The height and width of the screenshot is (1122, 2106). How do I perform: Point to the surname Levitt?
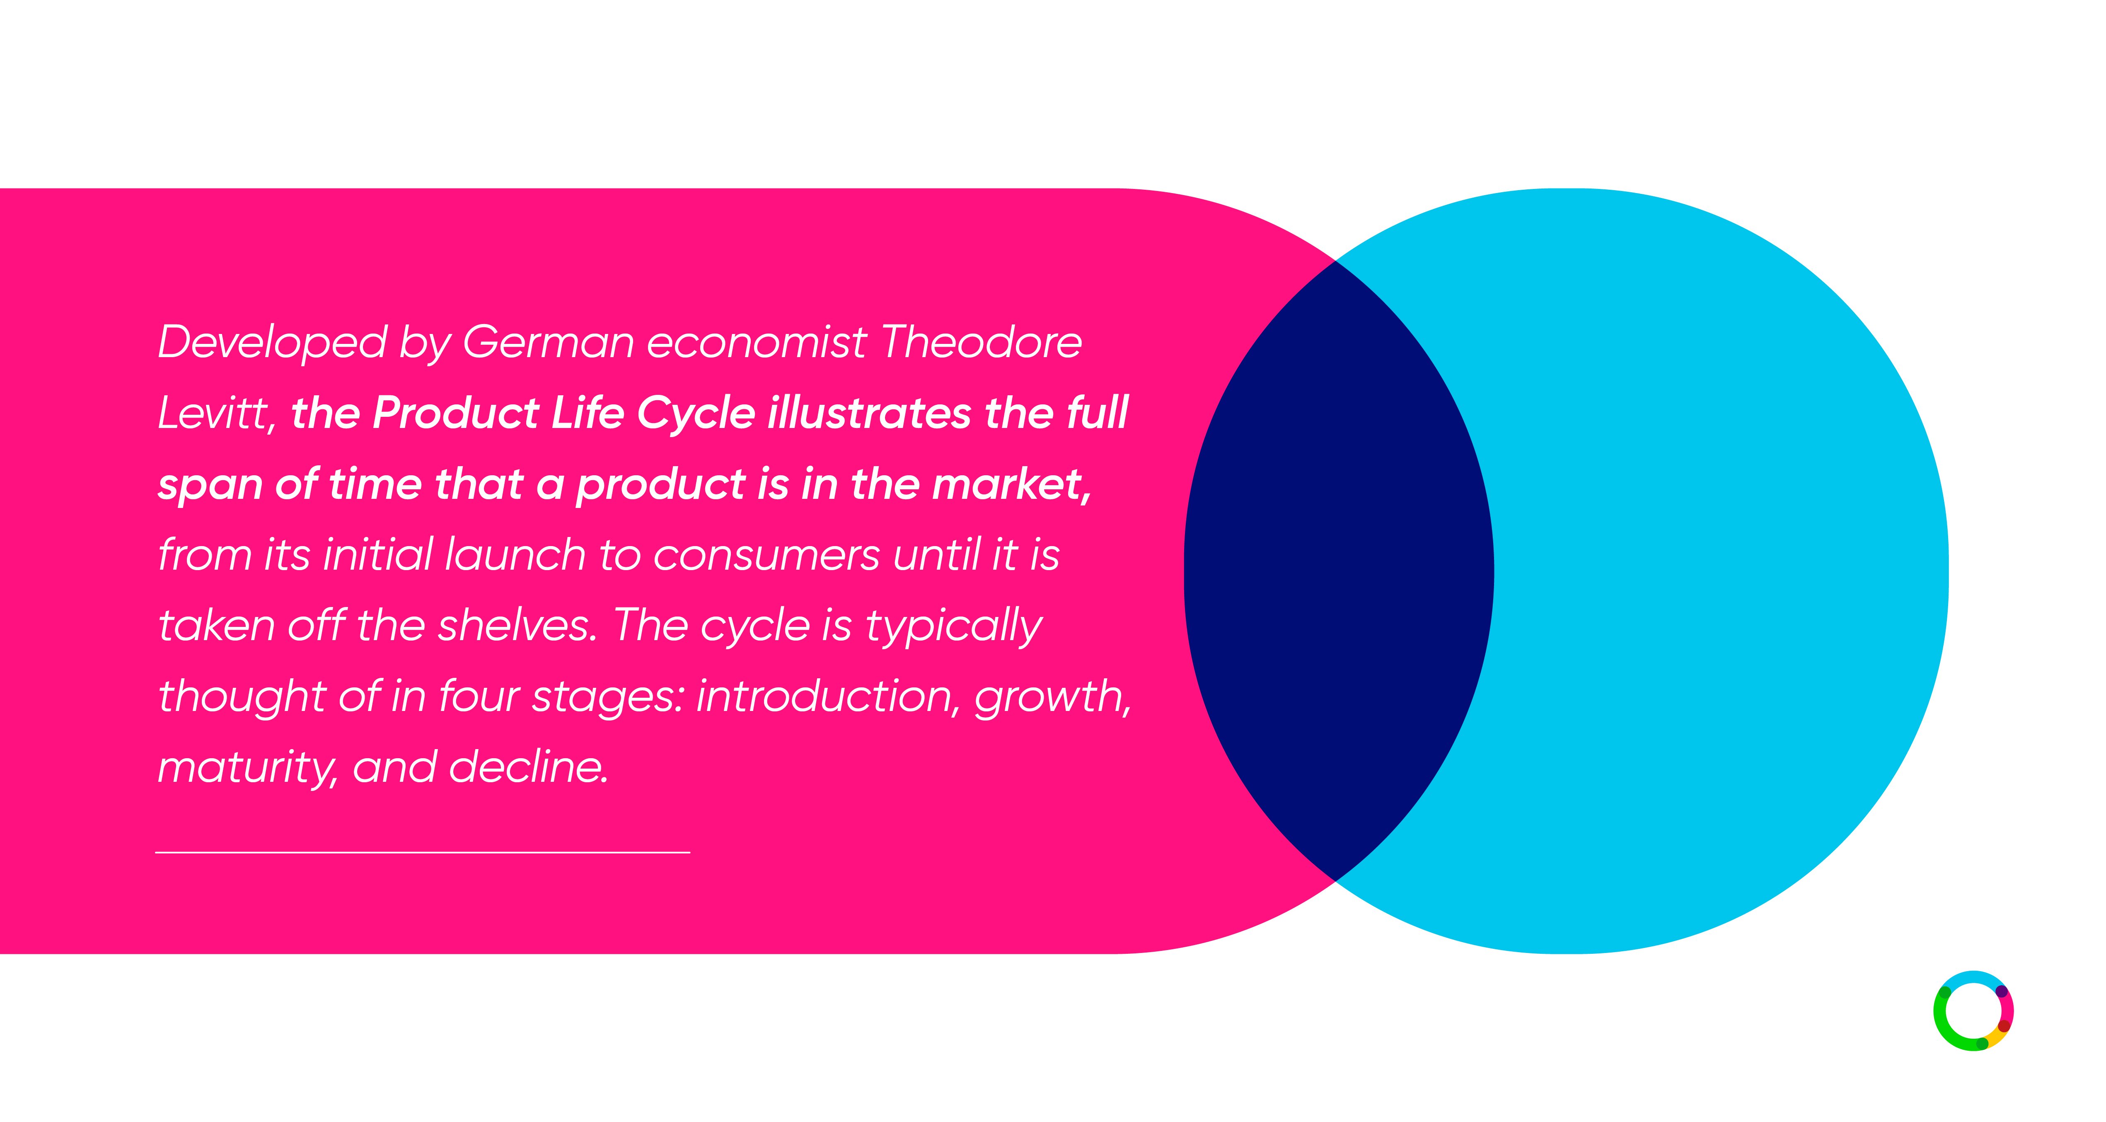tap(217, 413)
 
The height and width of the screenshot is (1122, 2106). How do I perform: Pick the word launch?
tap(515, 554)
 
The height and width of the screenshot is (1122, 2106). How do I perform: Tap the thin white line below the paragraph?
tap(423, 852)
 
